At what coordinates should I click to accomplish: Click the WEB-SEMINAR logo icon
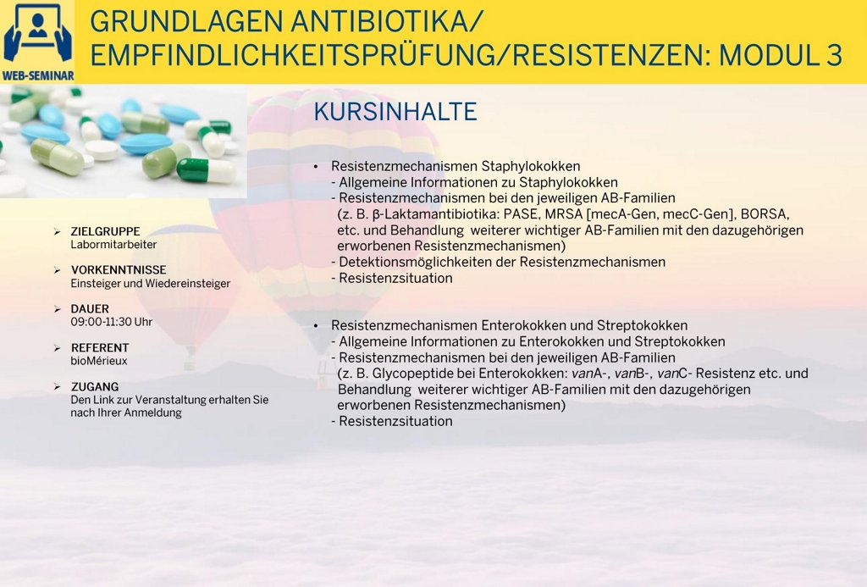point(37,42)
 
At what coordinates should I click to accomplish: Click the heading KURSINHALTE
point(395,112)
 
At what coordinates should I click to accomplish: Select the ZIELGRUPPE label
point(105,231)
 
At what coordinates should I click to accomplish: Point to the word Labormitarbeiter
point(113,245)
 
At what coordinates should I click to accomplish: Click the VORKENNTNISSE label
point(119,270)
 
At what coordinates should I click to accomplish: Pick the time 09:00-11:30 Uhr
point(111,322)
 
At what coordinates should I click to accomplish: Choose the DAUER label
point(90,308)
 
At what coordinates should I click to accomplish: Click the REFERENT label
point(100,347)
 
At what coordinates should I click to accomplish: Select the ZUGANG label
point(95,386)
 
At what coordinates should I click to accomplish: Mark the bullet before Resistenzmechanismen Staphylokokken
point(316,167)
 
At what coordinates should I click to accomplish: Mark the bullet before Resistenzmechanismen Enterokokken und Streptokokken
point(316,326)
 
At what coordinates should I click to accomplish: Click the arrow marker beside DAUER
point(58,308)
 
